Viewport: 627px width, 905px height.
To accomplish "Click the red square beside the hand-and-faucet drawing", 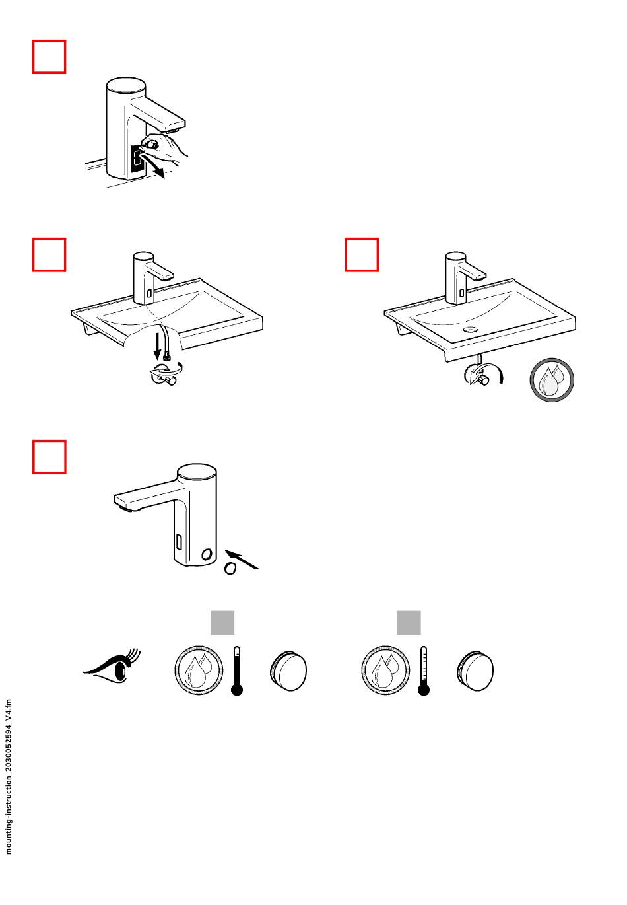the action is (49, 57).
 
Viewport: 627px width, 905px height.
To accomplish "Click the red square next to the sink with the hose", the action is (49, 255).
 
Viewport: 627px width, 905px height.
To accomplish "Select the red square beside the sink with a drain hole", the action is (362, 255).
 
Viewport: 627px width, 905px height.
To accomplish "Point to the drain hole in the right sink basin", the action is (471, 328).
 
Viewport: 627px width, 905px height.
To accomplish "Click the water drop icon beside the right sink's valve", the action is (552, 380).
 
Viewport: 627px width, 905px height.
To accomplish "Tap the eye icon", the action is (112, 667).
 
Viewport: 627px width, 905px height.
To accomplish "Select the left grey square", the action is (222, 623).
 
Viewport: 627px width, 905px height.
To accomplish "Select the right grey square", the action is (409, 623).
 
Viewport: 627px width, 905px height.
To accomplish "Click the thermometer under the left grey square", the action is (237, 671).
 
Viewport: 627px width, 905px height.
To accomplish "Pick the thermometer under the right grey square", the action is (424, 671).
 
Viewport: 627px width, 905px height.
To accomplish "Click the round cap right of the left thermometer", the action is (289, 671).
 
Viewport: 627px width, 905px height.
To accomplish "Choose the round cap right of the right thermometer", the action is (476, 671).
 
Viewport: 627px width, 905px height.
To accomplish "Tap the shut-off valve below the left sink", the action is (164, 375).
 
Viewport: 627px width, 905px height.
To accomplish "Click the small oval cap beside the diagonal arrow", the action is (229, 569).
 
